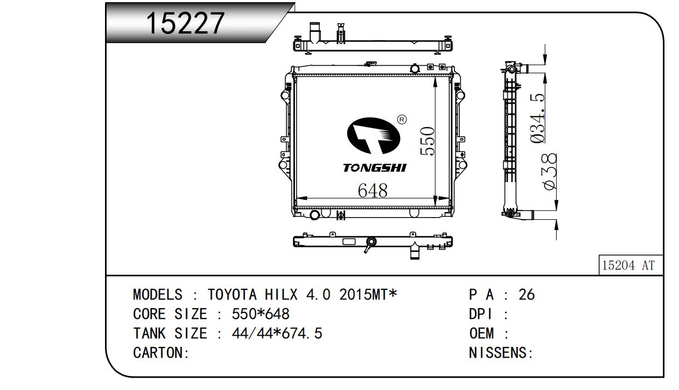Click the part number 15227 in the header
(x=185, y=23)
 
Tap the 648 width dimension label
(x=373, y=191)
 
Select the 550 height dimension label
(x=428, y=141)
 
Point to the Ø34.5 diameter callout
(x=538, y=118)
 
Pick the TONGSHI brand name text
(x=375, y=168)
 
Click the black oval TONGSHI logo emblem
(x=374, y=136)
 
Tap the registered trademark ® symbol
(x=402, y=120)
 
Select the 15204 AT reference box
(x=631, y=265)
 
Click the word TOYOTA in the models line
(x=232, y=295)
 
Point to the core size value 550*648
(x=261, y=314)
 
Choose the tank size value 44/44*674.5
(x=277, y=333)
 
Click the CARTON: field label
(x=161, y=353)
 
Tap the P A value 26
(x=527, y=295)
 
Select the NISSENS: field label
(x=501, y=353)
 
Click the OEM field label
(x=481, y=333)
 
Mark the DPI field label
(x=481, y=314)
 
